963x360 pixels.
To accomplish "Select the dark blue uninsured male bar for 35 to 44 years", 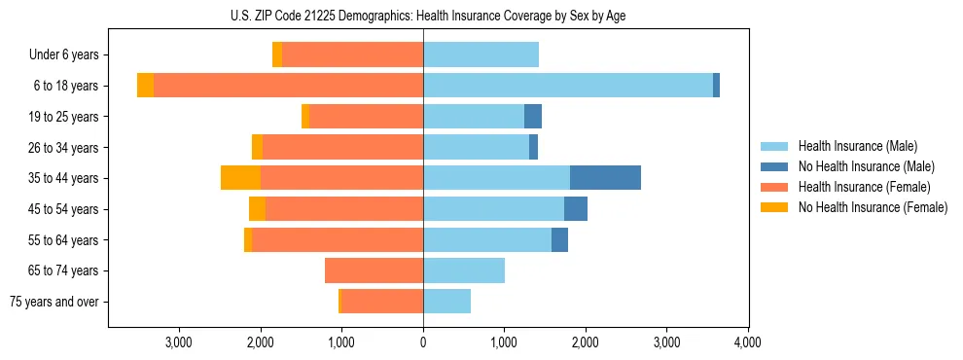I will [x=605, y=178].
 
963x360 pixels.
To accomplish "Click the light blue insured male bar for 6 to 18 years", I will [x=567, y=86].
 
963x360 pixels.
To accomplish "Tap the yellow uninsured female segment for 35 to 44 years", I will [x=240, y=178].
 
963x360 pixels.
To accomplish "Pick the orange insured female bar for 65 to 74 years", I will [x=374, y=270].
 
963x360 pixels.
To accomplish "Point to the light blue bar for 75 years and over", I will [x=446, y=302].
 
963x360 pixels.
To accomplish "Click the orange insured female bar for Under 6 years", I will [x=352, y=54].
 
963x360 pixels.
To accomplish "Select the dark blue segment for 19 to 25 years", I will [x=533, y=117].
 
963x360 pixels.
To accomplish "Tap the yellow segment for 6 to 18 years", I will [x=145, y=86].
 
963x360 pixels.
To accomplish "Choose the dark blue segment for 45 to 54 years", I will [x=576, y=209].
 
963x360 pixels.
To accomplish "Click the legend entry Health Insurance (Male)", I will [x=857, y=146].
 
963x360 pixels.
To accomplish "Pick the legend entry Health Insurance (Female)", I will [x=864, y=187].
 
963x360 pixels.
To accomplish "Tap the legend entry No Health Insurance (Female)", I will [x=872, y=207].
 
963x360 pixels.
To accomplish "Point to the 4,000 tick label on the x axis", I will [x=747, y=342].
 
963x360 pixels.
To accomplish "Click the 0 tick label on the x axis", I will [x=423, y=342].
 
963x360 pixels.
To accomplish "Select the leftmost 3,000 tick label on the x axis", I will [x=179, y=342].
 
